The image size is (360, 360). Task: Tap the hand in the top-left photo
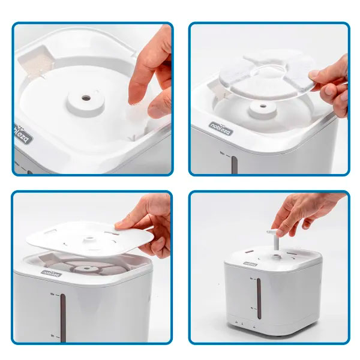pyautogui.click(x=150, y=78)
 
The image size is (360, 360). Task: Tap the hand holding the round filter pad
pyautogui.click(x=333, y=84)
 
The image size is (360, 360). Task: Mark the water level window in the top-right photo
pyautogui.click(x=235, y=165)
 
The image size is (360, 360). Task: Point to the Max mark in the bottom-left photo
pyautogui.click(x=53, y=293)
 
